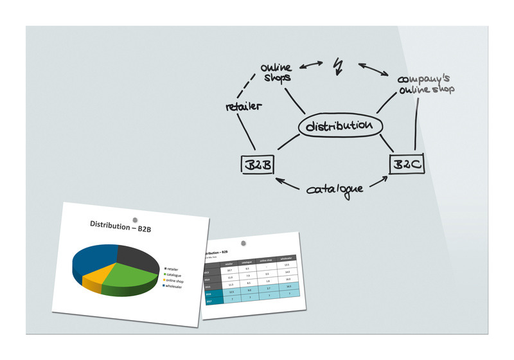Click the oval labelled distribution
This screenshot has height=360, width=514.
click(340, 125)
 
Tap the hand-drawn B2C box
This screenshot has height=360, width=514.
click(407, 165)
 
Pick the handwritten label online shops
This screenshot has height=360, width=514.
click(276, 72)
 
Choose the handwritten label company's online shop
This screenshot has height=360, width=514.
click(425, 83)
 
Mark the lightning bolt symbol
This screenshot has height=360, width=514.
click(338, 65)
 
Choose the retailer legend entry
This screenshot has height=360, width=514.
click(175, 269)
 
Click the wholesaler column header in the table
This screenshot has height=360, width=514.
click(286, 260)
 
